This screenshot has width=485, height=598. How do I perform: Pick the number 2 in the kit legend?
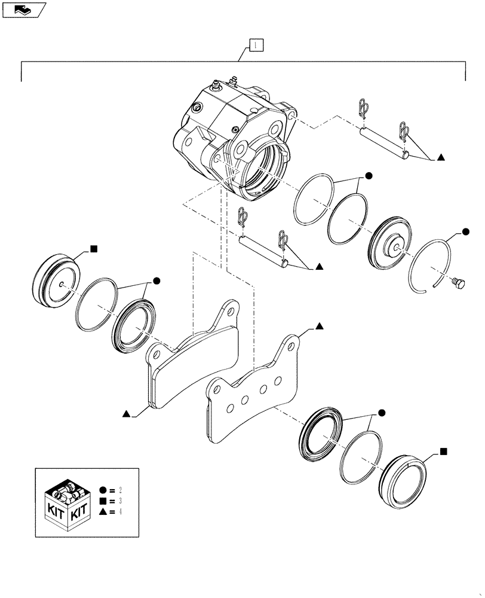[121, 490]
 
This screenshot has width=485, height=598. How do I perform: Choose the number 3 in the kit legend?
[121, 501]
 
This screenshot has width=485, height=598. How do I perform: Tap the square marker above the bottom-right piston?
[443, 450]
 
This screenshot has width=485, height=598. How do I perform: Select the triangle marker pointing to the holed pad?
[320, 327]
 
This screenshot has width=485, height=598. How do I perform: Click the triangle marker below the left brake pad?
[127, 413]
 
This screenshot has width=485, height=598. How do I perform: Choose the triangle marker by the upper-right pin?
[440, 157]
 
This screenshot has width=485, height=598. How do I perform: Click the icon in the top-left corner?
[24, 9]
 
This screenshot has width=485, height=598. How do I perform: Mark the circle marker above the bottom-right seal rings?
[382, 413]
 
